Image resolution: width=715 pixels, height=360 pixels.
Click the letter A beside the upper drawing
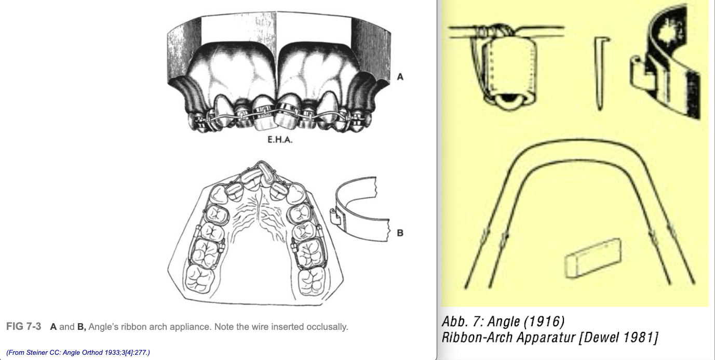(x=400, y=77)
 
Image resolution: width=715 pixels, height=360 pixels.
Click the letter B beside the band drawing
(x=400, y=233)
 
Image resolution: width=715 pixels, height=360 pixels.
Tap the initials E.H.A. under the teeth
(x=279, y=139)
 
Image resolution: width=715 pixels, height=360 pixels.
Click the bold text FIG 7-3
(x=24, y=327)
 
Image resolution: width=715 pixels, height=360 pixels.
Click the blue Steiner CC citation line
(x=78, y=353)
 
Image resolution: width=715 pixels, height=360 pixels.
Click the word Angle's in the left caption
(x=104, y=327)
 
